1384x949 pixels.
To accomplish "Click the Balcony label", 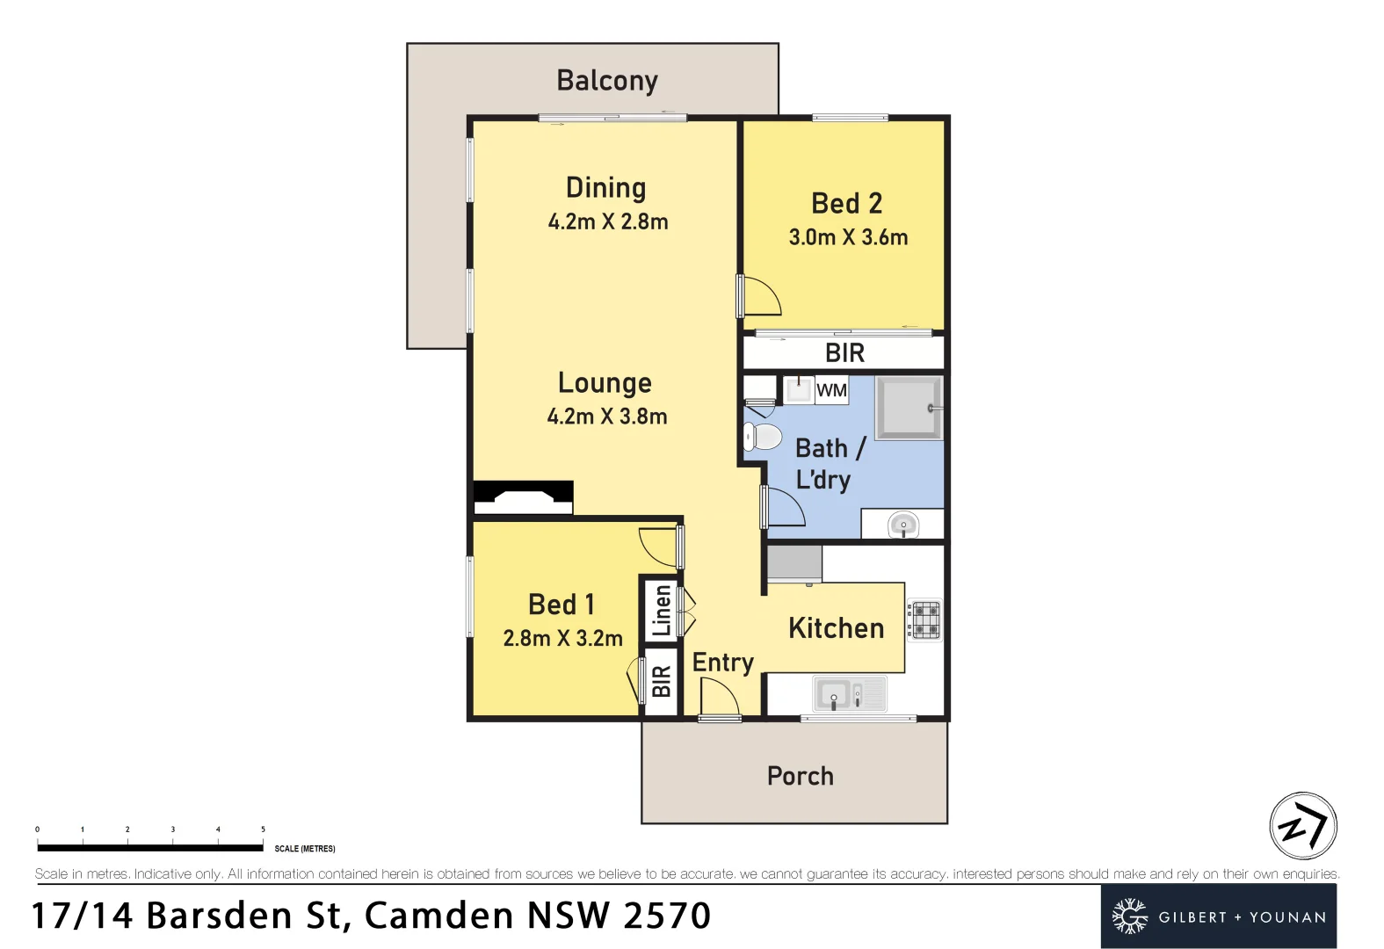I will pos(607,81).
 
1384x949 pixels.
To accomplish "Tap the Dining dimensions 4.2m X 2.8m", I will pos(608,222).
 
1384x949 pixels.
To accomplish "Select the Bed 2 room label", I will pos(846,204).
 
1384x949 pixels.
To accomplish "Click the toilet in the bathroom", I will pos(763,437).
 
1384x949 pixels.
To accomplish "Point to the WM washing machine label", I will pos(831,390).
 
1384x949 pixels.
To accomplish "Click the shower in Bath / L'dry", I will pos(908,408).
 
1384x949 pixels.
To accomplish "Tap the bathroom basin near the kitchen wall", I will pos(902,525).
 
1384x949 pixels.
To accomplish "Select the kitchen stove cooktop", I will pos(924,619).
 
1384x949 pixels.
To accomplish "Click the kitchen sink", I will pos(849,694).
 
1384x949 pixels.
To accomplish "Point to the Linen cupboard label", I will pos(661,610).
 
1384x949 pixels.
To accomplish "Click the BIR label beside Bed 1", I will pos(661,681).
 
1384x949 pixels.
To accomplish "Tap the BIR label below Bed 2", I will pos(844,353).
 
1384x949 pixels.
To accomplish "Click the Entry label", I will pos(722,663).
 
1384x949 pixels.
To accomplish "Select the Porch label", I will pos(800,777).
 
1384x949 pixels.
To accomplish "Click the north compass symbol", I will pos(1302,826).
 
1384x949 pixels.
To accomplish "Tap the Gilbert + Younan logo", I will pos(1218,916).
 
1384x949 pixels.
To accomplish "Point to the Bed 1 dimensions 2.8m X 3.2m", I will pos(562,639).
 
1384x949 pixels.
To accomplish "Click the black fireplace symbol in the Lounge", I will pos(524,498).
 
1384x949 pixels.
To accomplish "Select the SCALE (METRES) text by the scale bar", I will pos(305,849).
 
